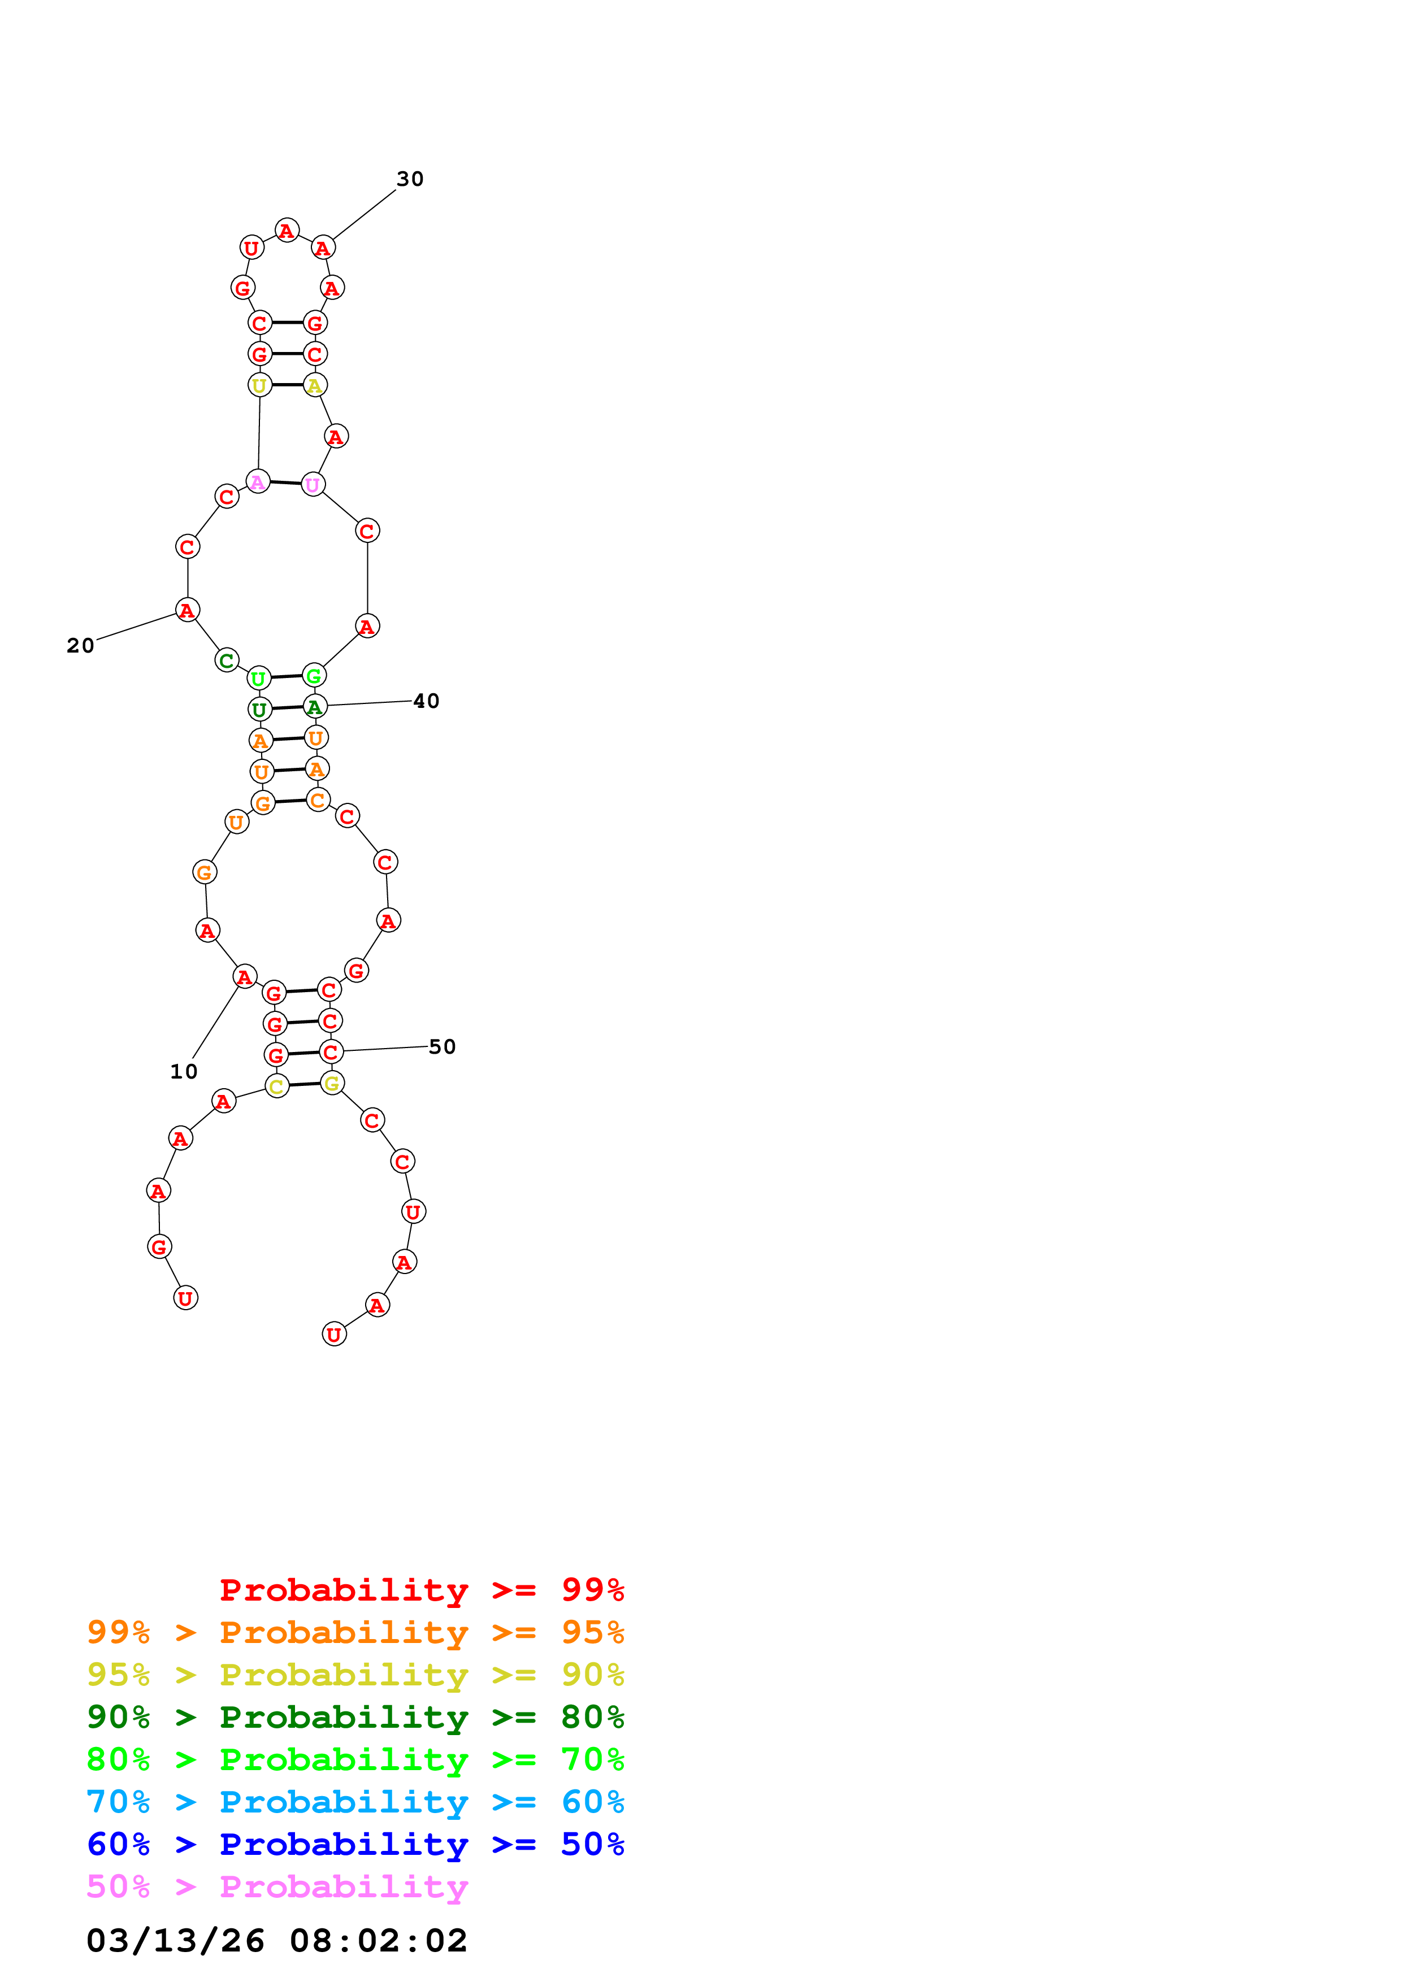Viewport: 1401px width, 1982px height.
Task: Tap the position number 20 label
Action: click(x=80, y=646)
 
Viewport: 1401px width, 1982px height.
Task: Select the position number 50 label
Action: click(x=442, y=1046)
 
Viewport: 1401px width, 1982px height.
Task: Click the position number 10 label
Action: click(x=184, y=1071)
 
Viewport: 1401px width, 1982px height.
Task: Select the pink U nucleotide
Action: click(x=313, y=485)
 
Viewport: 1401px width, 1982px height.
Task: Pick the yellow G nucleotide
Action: click(x=332, y=1083)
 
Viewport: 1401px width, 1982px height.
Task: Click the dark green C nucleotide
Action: click(x=226, y=660)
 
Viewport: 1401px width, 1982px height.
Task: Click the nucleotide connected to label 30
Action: click(x=323, y=247)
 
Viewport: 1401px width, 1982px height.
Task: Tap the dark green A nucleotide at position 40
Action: click(x=315, y=707)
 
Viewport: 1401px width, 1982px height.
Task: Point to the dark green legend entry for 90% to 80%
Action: click(x=355, y=1717)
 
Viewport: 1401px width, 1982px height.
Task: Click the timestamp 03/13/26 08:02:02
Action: click(x=276, y=1941)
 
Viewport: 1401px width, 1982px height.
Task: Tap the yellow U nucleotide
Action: click(x=259, y=385)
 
